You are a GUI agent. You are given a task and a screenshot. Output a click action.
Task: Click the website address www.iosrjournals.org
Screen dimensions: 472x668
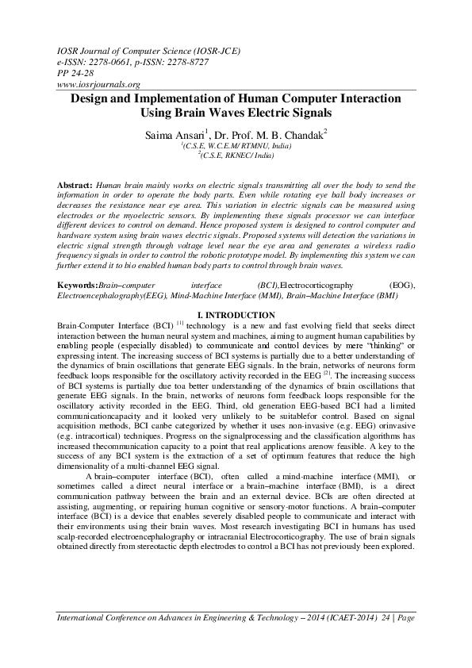tap(99, 84)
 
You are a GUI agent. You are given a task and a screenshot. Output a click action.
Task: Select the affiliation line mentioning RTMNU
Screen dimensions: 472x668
tap(236, 147)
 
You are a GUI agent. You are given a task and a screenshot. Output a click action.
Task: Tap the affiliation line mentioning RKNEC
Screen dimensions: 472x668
tap(236, 156)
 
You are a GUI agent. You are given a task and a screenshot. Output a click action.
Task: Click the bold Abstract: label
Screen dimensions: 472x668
tap(75, 183)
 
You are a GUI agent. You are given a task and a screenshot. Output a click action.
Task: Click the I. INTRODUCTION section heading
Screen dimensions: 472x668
tap(236, 315)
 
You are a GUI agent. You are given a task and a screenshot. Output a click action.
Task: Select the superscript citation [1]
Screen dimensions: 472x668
tap(180, 324)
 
